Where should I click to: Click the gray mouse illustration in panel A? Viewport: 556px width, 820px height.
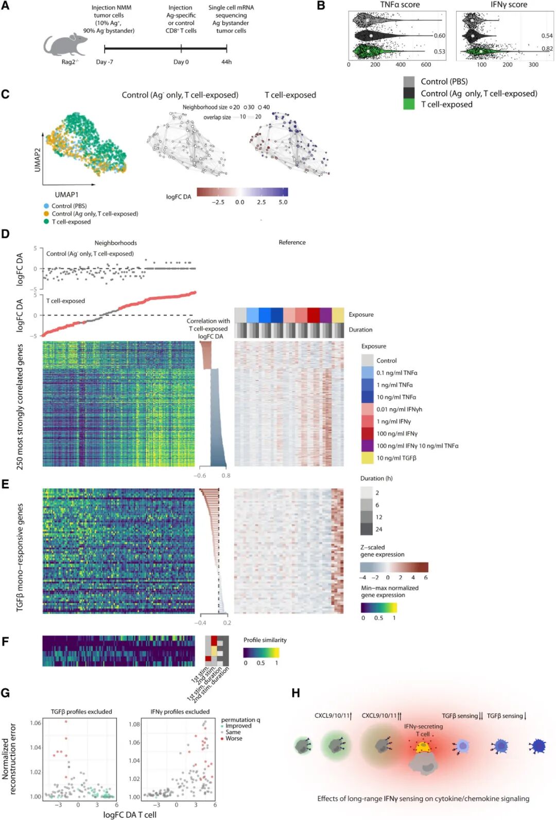(64, 45)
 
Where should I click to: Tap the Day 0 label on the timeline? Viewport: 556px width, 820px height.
(181, 62)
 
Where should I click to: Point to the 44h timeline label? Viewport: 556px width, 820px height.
(227, 62)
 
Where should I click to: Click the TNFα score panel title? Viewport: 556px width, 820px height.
(399, 5)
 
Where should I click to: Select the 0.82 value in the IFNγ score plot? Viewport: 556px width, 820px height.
(547, 48)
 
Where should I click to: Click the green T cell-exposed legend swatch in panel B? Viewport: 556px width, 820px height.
(409, 104)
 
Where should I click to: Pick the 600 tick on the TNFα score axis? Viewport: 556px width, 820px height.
(426, 65)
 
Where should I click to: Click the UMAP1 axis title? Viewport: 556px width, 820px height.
(67, 195)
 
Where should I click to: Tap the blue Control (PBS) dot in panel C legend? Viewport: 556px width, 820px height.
(46, 206)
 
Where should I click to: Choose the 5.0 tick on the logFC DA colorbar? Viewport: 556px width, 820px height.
(283, 202)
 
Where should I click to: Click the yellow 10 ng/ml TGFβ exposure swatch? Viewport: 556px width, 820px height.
(367, 458)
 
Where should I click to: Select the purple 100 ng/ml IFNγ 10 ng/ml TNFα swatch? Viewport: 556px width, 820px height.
(367, 446)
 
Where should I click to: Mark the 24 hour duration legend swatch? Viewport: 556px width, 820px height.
(366, 529)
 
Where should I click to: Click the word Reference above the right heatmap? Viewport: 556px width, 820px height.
(292, 242)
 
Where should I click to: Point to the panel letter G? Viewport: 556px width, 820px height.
(6, 693)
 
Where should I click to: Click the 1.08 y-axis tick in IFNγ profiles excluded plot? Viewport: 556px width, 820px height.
(134, 724)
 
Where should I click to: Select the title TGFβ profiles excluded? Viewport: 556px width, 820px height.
(81, 712)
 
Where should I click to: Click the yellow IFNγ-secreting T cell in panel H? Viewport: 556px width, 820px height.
(423, 746)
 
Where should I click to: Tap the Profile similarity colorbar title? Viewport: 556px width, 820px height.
(265, 640)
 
